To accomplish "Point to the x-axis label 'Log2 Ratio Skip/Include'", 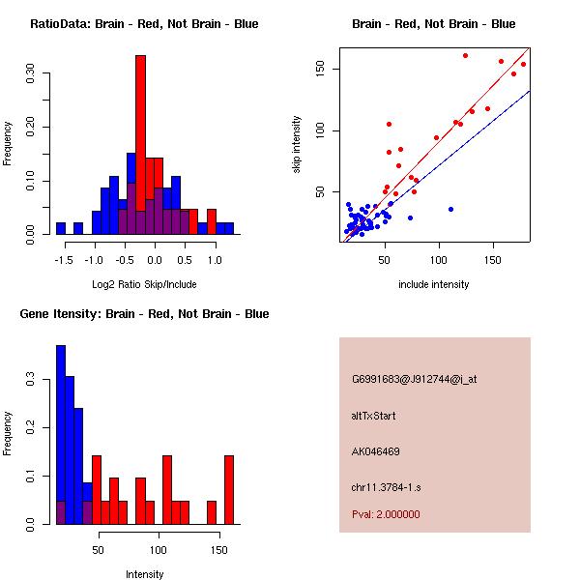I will pos(144,284).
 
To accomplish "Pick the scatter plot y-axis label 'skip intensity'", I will pos(297,145).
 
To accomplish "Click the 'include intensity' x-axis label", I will pos(433,284).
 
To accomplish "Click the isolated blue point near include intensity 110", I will pos(450,209).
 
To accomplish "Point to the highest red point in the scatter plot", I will pos(465,55).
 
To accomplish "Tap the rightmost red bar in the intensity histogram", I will pos(229,488).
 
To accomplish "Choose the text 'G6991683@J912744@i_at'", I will pos(414,379).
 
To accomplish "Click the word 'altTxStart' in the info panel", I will pos(374,416).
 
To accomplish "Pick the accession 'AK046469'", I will pos(376,451).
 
